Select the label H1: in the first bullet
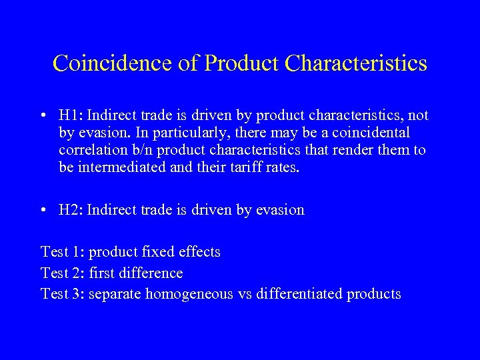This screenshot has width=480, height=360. [70, 115]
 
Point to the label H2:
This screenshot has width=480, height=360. [70, 210]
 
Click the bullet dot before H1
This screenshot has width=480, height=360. [43, 116]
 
